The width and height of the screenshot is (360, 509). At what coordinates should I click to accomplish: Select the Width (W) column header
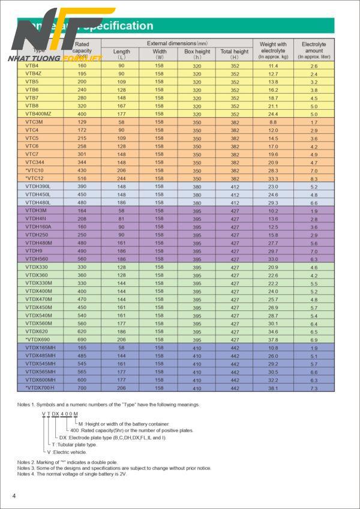coord(159,55)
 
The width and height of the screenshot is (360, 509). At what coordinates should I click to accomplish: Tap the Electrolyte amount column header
coord(314,50)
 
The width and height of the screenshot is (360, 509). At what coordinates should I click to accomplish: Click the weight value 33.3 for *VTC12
coord(273,179)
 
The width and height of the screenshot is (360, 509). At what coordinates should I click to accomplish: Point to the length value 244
coord(121,179)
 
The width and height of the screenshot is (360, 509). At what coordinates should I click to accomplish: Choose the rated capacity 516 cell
coord(82,179)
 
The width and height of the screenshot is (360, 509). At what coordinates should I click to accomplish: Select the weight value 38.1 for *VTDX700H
coord(273,388)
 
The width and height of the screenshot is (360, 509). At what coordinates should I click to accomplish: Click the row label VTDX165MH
coord(40,348)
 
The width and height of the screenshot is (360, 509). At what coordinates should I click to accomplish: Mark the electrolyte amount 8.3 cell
coord(314,179)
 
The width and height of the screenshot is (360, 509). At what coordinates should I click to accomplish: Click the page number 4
coord(14,495)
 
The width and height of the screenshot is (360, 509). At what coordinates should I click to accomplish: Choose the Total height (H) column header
coord(234,55)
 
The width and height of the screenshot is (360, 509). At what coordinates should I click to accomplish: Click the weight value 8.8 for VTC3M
coord(273,122)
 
